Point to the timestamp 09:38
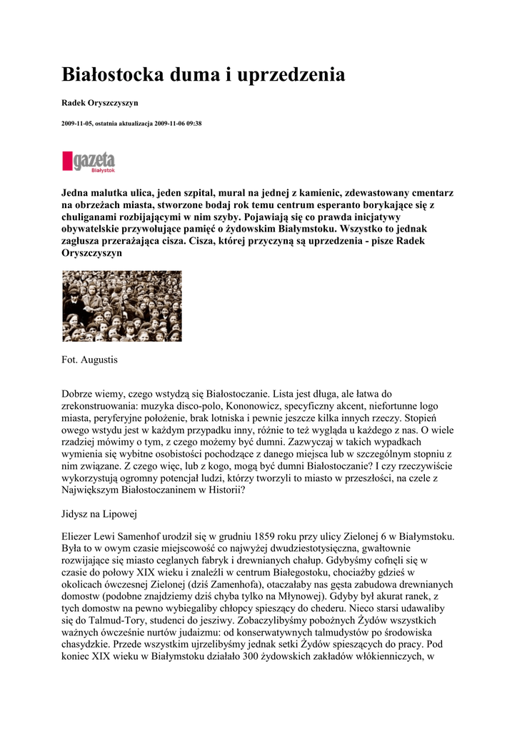pyautogui.click(x=193, y=123)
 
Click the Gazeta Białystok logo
pyautogui.click(x=89, y=161)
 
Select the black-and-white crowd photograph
pyautogui.click(x=122, y=306)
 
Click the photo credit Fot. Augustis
pyautogui.click(x=89, y=360)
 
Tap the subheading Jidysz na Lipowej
pyautogui.click(x=99, y=513)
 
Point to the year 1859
pyautogui.click(x=288, y=537)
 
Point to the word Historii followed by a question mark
pyautogui.click(x=222, y=490)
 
